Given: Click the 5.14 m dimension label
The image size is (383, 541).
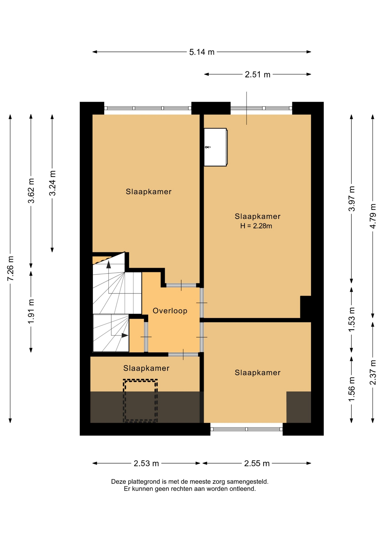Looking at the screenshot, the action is [202, 52].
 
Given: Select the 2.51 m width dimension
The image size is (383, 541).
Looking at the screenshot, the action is [257, 75].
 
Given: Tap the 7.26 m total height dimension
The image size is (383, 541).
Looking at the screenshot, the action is [10, 268].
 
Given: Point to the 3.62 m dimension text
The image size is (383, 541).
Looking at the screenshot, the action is [31, 191].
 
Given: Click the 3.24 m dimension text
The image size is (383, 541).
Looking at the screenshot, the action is [52, 183].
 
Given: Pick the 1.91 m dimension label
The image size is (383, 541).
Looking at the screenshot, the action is [31, 311].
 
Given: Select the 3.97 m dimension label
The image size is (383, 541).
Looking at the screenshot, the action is [352, 199].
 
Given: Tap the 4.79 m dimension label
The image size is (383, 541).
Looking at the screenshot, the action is [373, 216].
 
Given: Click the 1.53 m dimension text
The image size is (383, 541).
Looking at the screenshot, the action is [352, 320].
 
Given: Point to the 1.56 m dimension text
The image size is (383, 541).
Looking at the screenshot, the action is [352, 390].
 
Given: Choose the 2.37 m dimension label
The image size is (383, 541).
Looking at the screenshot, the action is [373, 373].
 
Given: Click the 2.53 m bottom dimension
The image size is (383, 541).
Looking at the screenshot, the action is [146, 464].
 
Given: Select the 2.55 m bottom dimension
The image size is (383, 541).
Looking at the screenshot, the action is [257, 464].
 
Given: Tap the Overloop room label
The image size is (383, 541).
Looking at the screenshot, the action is [170, 311].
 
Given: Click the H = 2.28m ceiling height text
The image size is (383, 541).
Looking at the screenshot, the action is [256, 226].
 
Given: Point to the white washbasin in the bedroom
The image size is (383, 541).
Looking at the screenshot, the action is [216, 147].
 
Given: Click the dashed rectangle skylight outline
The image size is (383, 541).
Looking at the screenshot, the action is [140, 401].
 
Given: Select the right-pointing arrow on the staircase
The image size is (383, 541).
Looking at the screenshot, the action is [125, 335].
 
